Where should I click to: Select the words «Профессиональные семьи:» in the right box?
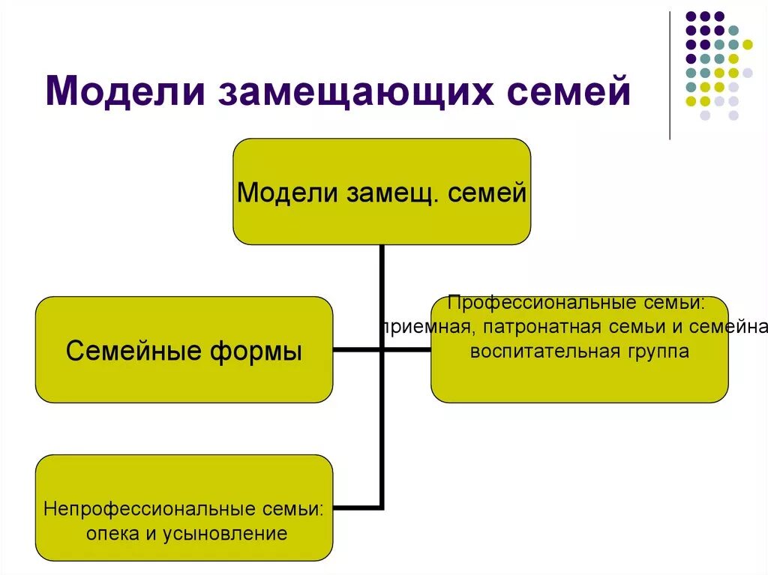click(x=576, y=304)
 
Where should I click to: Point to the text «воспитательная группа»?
click(x=579, y=351)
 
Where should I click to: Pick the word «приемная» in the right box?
click(x=424, y=328)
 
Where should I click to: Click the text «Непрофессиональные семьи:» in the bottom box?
click(x=184, y=510)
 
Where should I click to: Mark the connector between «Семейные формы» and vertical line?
click(x=356, y=349)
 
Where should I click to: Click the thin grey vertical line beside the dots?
click(x=670, y=75)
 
